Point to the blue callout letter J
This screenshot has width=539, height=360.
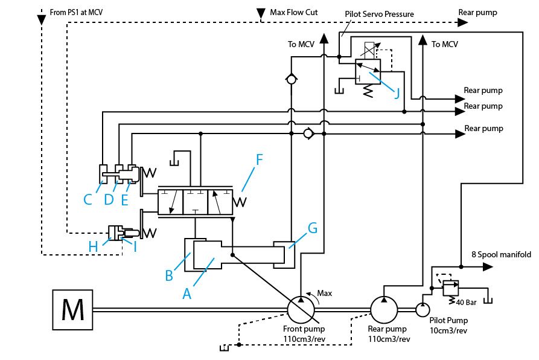pos(397,93)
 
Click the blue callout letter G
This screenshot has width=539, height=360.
pos(313,228)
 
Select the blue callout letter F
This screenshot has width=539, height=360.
pos(259,159)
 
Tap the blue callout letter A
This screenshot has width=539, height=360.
pos(187,294)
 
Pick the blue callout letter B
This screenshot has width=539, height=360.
pos(169,275)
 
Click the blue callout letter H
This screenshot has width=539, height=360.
pos(93,246)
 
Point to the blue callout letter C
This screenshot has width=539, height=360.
pos(88,199)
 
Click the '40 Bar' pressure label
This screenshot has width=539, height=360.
pos(466,303)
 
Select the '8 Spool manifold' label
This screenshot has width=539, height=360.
pos(501,254)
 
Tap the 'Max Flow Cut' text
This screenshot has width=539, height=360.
pos(293,12)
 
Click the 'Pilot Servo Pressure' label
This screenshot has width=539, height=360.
pos(379,14)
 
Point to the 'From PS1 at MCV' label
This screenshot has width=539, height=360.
pos(76,12)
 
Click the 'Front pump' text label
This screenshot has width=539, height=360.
pos(304,329)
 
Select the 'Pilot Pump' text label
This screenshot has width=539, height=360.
pos(448,321)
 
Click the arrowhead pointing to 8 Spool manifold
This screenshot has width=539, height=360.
pos(488,266)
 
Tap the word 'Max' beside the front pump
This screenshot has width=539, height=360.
pos(325,294)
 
